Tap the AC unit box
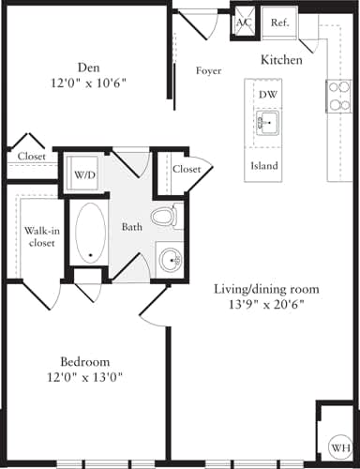click(x=244, y=23)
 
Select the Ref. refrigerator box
click(x=279, y=23)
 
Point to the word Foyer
click(x=208, y=70)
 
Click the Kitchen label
click(x=281, y=60)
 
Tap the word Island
click(x=265, y=165)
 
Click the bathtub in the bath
click(x=90, y=230)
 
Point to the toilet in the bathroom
click(x=165, y=217)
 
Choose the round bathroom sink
click(x=170, y=259)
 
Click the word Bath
click(x=132, y=227)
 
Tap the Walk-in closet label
click(x=40, y=235)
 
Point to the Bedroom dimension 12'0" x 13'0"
click(x=85, y=378)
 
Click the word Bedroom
click(x=85, y=362)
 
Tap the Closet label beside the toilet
click(x=187, y=170)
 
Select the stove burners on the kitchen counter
click(x=337, y=95)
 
